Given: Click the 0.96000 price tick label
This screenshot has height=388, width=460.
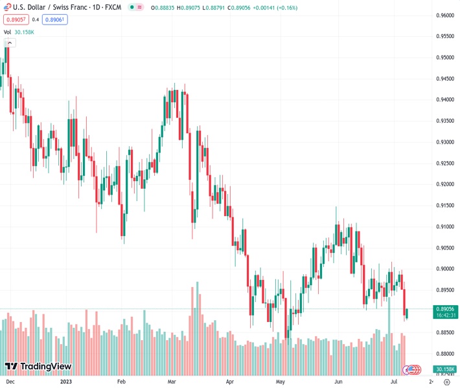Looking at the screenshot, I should tap(444, 15).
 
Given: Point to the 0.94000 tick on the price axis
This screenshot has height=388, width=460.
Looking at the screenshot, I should tap(444, 100).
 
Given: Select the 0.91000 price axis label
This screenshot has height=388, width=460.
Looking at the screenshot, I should tap(444, 227).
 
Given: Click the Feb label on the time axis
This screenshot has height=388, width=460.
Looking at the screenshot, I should tap(122, 382).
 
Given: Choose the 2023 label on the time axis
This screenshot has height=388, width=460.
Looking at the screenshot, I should tap(65, 382).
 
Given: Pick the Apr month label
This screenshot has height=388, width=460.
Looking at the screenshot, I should tap(230, 382).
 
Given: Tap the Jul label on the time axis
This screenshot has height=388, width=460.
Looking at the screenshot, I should tap(395, 382).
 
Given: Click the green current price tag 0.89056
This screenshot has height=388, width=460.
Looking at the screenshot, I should tap(444, 309).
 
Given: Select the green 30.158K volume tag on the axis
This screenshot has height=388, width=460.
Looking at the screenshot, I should tap(444, 369).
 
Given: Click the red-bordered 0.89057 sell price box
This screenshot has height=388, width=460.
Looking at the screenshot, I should tap(14, 19).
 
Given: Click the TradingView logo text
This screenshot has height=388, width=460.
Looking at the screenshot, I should tap(45, 367).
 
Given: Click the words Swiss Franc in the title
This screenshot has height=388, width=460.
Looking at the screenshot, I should tap(66, 7).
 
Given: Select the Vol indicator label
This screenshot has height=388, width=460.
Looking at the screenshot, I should tap(7, 32).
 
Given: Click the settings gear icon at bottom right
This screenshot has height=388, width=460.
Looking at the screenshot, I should tap(446, 382).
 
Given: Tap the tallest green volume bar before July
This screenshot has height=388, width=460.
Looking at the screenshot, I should tap(389, 336).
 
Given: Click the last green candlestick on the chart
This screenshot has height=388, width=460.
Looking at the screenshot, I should tap(407, 314).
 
